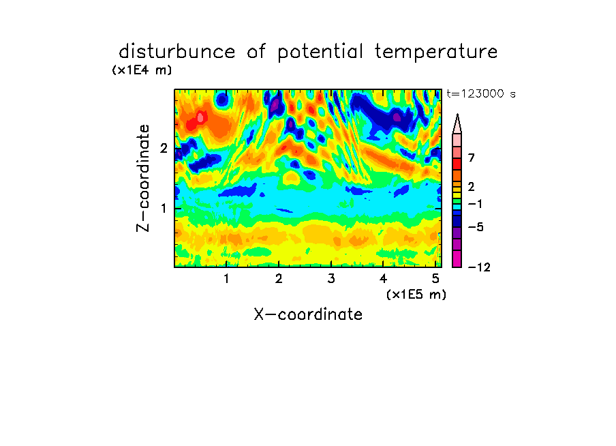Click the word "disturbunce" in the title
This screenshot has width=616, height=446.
(177, 52)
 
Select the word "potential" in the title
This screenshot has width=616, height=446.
(320, 53)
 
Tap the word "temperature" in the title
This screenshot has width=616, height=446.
(436, 53)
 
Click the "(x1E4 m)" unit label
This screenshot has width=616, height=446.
(142, 70)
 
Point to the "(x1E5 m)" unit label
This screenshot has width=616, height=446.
(416, 294)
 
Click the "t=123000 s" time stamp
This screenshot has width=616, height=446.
(481, 93)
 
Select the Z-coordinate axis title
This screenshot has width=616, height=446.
(143, 178)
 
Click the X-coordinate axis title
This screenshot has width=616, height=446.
(308, 314)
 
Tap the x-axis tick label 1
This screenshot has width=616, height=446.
(227, 279)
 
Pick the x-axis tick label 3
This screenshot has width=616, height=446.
(331, 279)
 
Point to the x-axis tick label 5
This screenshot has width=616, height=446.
(435, 279)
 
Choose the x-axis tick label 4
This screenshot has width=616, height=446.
(383, 279)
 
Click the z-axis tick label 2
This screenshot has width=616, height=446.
(164, 148)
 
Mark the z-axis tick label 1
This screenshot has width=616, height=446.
(164, 208)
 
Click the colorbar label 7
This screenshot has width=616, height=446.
(472, 158)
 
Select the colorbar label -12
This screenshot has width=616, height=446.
(479, 267)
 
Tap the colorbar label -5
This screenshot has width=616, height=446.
(476, 227)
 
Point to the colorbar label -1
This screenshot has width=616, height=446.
(475, 204)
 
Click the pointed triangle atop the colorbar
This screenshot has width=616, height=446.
(457, 124)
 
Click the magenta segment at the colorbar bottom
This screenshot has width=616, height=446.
(457, 258)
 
